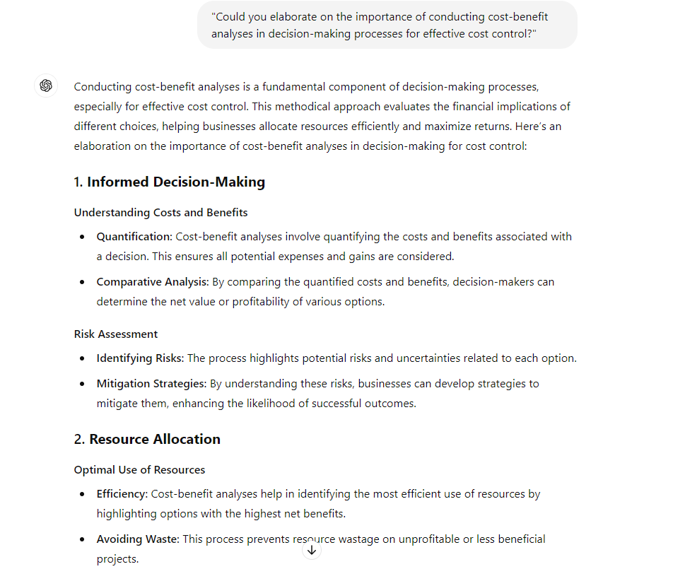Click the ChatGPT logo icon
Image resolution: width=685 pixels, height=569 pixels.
tap(46, 86)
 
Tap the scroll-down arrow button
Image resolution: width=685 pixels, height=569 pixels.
tap(312, 549)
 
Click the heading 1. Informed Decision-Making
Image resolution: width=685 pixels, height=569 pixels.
tap(169, 182)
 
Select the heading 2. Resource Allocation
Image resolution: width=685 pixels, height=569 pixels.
tap(147, 439)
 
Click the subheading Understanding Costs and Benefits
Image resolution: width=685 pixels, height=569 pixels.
tap(160, 212)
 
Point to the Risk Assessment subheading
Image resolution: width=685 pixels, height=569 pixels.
tap(116, 334)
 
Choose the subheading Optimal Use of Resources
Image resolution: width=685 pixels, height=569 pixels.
tap(139, 469)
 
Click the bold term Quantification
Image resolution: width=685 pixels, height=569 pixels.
tap(134, 236)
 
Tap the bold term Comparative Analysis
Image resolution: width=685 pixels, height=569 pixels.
tap(152, 281)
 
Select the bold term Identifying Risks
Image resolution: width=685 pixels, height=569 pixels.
tap(140, 358)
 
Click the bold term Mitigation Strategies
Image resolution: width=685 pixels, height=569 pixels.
tap(151, 383)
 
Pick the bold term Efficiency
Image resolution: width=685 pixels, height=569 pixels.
tap(122, 493)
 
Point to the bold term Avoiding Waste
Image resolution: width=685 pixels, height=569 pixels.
tap(138, 539)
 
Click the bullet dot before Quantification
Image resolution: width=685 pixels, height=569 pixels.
tap(83, 237)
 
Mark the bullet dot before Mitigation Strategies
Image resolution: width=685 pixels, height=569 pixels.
tap(83, 384)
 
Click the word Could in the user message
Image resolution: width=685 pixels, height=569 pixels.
tap(230, 16)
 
